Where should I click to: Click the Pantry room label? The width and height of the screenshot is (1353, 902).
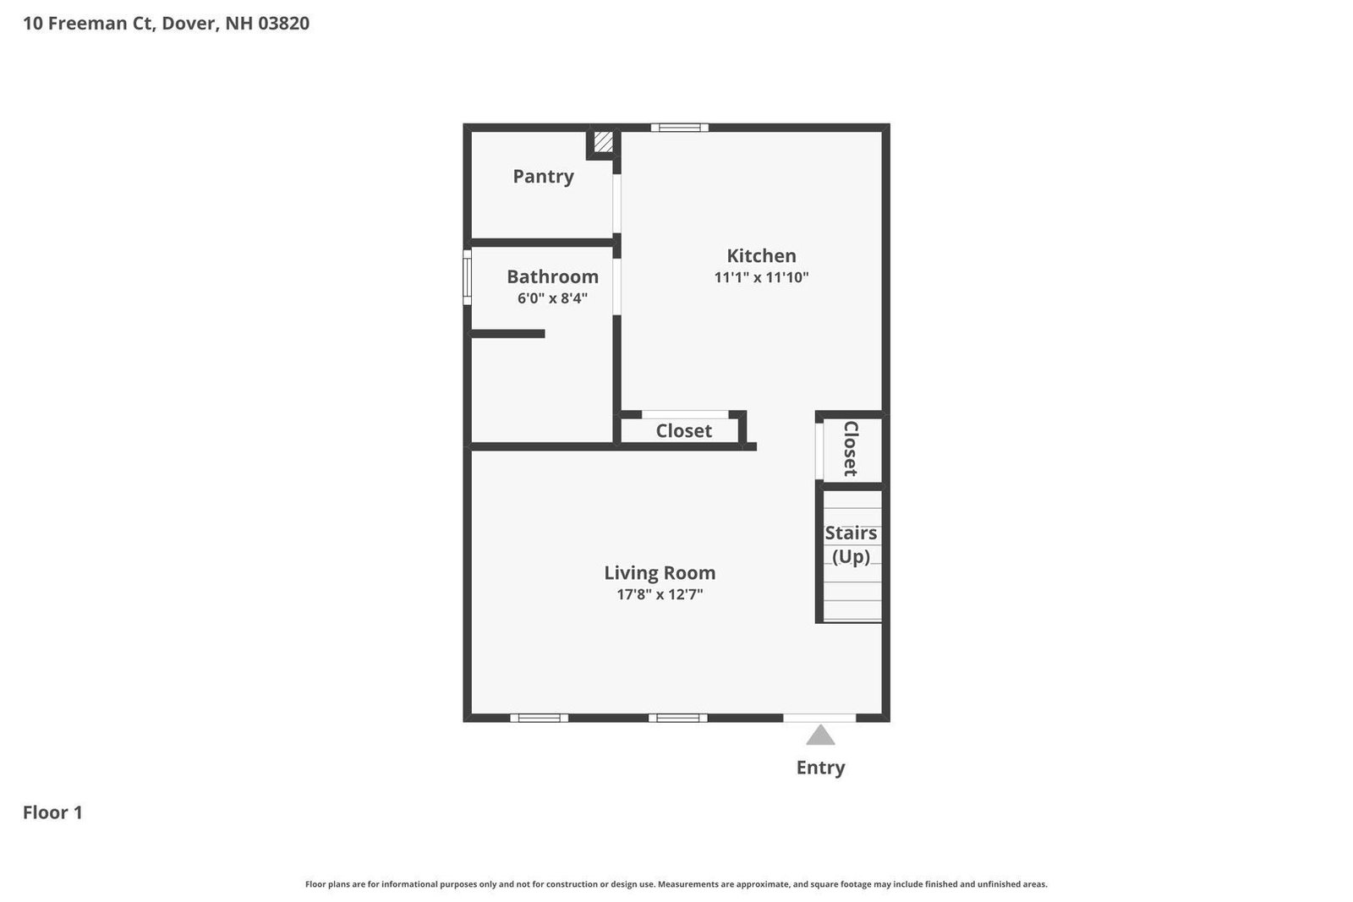[x=543, y=177]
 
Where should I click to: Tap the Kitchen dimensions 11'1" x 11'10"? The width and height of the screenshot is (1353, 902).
[x=761, y=277]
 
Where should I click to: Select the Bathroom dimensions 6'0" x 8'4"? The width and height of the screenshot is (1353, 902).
[x=552, y=298]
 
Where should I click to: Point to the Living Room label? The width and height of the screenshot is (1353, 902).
[x=660, y=572]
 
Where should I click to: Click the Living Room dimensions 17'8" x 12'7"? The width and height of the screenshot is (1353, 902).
[x=660, y=594]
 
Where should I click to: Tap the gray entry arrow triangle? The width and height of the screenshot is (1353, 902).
[x=820, y=735]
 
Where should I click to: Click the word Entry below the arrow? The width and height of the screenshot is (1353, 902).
[x=820, y=768]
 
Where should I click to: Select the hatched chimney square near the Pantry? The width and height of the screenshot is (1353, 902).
[x=604, y=142]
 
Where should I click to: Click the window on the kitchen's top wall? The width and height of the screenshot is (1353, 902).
[x=680, y=128]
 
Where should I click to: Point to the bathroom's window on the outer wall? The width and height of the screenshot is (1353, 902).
[x=467, y=277]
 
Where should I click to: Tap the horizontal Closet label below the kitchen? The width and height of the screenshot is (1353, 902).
[x=684, y=430]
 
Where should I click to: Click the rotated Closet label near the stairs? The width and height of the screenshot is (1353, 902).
[x=851, y=449]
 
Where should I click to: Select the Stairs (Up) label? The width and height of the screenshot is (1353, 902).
[x=851, y=544]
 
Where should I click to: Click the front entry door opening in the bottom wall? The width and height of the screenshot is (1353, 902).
[x=819, y=718]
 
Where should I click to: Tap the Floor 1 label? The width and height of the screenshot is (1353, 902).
[x=52, y=812]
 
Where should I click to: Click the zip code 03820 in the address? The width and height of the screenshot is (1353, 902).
[x=283, y=23]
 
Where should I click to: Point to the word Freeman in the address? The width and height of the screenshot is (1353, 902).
[x=96, y=23]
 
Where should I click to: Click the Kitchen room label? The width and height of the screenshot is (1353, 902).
[x=761, y=255]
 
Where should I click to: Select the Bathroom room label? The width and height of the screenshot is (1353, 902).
[x=552, y=276]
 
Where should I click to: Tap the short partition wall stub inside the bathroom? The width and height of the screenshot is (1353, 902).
[x=507, y=334]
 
